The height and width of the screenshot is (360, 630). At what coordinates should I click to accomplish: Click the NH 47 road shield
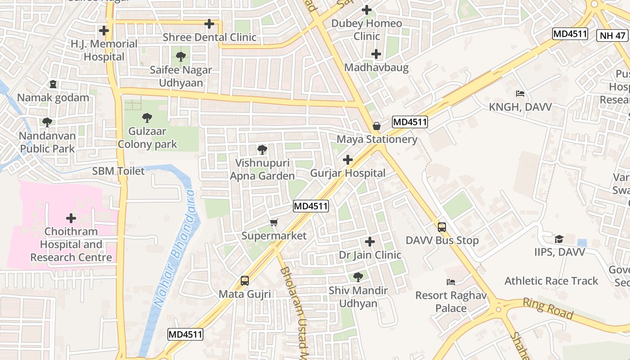[612, 36]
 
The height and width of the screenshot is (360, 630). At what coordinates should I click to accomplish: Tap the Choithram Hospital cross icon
[71, 218]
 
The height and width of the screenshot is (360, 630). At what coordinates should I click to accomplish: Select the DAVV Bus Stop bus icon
[442, 227]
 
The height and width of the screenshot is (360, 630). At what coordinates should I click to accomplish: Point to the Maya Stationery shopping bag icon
[377, 126]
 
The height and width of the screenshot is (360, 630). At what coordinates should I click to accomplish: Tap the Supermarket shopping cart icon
[274, 222]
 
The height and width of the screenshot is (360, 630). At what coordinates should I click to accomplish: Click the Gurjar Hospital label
[347, 173]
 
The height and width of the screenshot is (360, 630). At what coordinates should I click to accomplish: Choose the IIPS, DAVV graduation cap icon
[559, 238]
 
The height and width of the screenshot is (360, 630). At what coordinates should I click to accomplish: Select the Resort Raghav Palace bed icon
[451, 282]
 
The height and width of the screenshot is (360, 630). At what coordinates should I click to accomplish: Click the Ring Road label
[548, 308]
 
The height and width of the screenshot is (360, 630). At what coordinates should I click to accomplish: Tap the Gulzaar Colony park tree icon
[147, 118]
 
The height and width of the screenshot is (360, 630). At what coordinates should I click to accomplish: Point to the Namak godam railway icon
[53, 84]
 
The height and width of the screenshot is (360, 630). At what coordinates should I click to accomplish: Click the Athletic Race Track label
[551, 281]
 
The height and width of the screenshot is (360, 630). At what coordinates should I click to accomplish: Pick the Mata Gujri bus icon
[245, 281]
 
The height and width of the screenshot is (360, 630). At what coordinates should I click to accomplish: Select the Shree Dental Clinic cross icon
[209, 24]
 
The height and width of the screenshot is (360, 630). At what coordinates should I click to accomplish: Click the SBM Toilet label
[118, 171]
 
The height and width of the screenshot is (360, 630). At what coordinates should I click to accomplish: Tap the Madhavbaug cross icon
[376, 54]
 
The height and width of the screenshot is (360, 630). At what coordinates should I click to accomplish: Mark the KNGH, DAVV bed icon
[520, 94]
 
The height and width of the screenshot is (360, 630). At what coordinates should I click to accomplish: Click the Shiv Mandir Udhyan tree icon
[358, 277]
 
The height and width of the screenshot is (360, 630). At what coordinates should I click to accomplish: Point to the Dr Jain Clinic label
[369, 255]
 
